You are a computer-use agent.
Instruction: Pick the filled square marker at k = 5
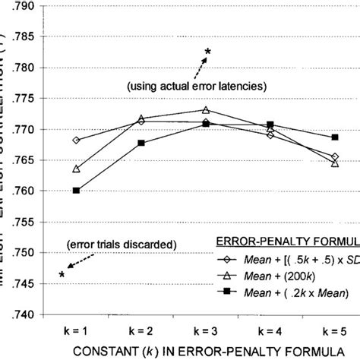pyautogui.click(x=335, y=137)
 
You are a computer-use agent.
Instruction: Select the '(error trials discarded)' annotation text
pyautogui.click(x=122, y=245)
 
